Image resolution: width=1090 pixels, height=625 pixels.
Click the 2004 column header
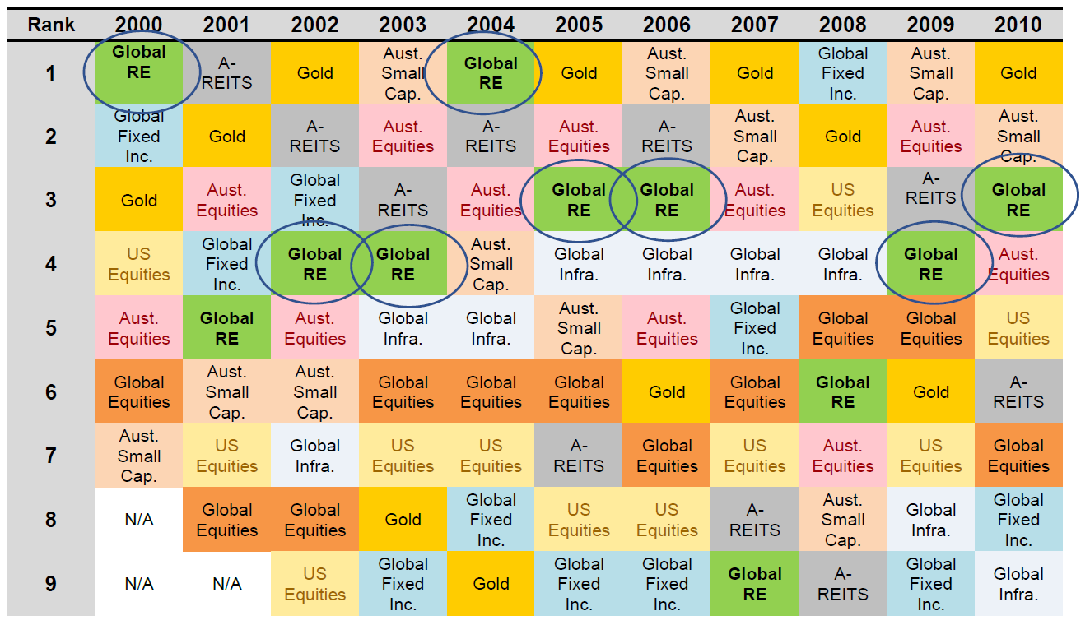[x=491, y=25]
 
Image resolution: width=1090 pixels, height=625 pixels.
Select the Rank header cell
[x=51, y=25]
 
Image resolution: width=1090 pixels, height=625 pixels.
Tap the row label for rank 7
[x=51, y=456]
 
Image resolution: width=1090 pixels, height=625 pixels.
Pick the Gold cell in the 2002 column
[x=315, y=73]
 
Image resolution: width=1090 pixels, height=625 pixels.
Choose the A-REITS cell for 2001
[x=227, y=73]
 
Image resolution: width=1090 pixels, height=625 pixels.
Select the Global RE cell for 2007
[x=755, y=584]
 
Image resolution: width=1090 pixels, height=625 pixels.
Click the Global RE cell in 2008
[x=843, y=392]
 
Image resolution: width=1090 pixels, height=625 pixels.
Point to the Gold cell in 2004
[x=491, y=584]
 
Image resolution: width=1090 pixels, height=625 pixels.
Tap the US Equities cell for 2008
[x=843, y=200]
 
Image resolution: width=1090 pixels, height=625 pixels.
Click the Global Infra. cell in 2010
[x=1018, y=584]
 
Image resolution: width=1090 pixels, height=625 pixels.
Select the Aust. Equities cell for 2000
[x=139, y=328]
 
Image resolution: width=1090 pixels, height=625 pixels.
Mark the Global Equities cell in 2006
[x=667, y=456]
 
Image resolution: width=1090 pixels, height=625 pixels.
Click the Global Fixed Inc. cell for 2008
[x=843, y=73]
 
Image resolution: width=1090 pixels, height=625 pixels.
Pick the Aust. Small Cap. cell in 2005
[x=579, y=328]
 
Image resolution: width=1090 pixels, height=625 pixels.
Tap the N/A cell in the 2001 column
[x=227, y=584]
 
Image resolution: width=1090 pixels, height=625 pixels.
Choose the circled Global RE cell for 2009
[x=931, y=264]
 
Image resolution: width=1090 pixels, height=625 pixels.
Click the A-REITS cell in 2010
[x=1018, y=392]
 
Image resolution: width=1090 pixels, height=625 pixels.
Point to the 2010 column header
[x=1018, y=25]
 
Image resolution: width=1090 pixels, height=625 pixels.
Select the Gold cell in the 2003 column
[x=403, y=520]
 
